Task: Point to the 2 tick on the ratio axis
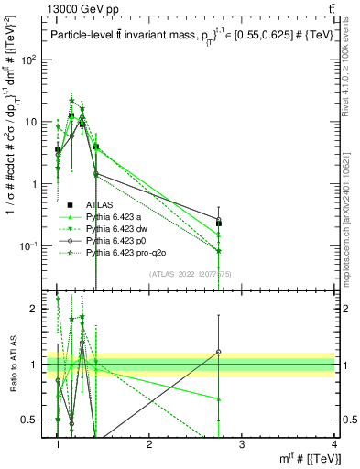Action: pyautogui.click(x=38, y=309)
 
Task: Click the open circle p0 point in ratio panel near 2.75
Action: pyautogui.click(x=219, y=352)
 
